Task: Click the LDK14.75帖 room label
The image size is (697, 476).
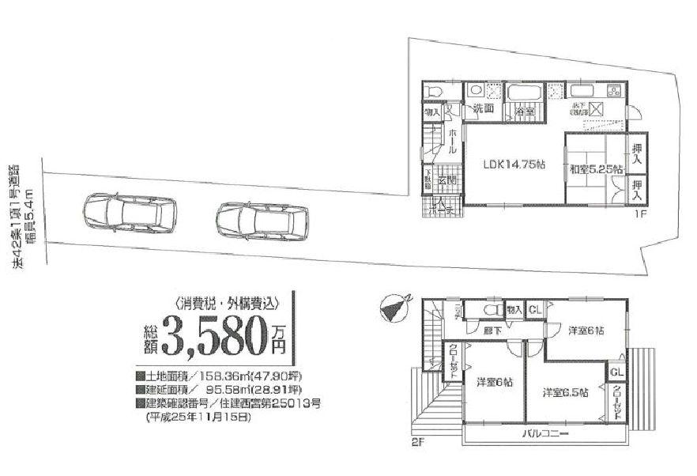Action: tap(514, 165)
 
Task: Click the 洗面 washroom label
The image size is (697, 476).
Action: tap(483, 110)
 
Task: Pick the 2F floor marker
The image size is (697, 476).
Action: tap(417, 443)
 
